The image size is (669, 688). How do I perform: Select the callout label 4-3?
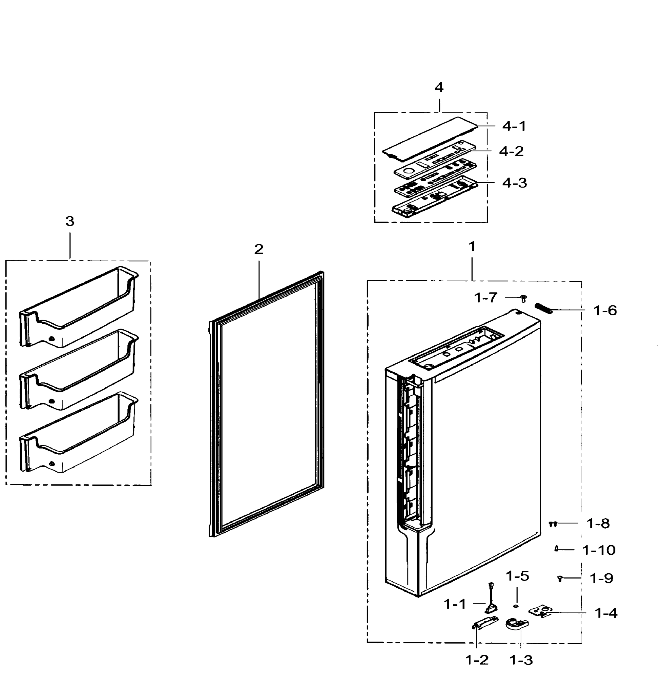[x=514, y=183]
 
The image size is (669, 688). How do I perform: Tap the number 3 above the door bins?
[x=70, y=221]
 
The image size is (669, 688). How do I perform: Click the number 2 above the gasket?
[x=259, y=249]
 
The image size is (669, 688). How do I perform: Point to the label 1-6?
[x=605, y=311]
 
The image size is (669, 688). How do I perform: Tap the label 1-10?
[x=599, y=550]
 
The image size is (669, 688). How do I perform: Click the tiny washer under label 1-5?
[x=516, y=605]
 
